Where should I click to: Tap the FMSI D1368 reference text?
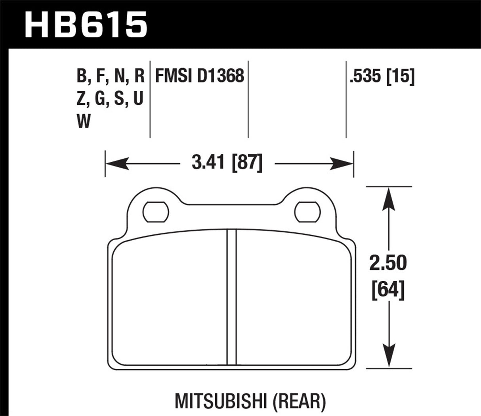pos(199,76)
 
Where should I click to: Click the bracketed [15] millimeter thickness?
pos(400,76)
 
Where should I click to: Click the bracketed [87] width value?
pos(246,163)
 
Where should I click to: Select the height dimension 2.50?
pos(388,263)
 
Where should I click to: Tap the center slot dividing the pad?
pos(231,297)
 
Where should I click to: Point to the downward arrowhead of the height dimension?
pos(389,357)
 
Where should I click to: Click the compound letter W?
pos(84,121)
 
